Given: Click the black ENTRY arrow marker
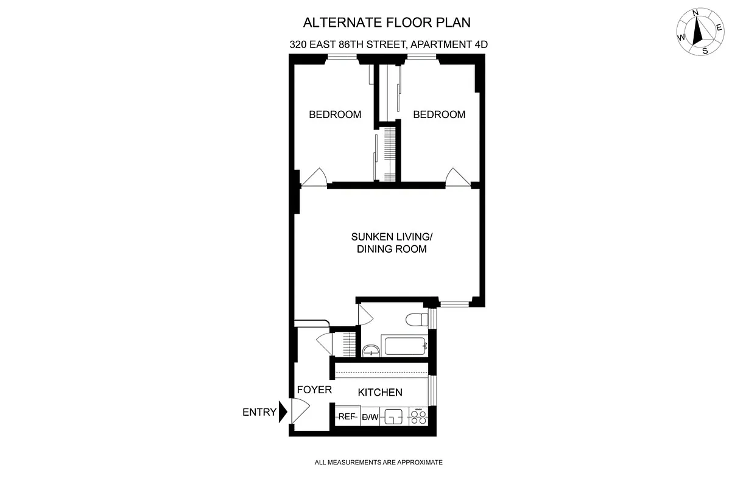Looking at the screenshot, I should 282,412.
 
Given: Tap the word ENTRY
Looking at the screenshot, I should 259,412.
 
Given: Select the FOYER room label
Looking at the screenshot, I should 314,390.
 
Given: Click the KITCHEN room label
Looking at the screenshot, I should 379,393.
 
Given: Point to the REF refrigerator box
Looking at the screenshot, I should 347,417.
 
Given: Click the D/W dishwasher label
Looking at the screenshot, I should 370,417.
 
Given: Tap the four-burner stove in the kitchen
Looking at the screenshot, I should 419,417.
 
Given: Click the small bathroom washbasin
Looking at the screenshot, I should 371,350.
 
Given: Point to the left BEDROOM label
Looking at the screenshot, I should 335,114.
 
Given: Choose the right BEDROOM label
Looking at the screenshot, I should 439,114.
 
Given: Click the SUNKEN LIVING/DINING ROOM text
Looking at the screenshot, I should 392,243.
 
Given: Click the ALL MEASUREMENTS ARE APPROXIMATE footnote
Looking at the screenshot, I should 378,463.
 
